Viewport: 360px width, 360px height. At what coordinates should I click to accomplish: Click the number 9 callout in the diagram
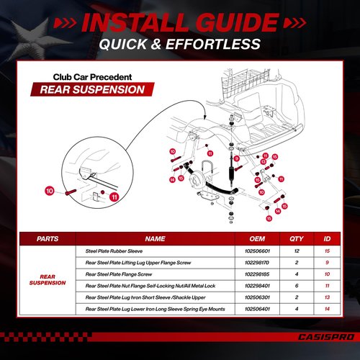tap(237, 158)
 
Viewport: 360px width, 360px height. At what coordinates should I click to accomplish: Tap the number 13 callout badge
tap(264, 162)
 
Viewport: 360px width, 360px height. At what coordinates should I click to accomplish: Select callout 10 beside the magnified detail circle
tap(50, 191)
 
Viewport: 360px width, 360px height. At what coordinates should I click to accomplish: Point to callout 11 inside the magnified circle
tap(114, 197)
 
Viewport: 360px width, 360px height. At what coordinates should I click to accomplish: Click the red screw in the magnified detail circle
tap(71, 192)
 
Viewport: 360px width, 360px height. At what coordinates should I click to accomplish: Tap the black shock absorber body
tap(231, 173)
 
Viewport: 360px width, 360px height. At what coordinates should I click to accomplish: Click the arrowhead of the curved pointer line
tap(204, 117)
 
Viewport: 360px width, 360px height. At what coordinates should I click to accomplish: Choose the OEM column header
tap(257, 239)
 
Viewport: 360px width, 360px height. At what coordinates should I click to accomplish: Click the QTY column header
tap(297, 239)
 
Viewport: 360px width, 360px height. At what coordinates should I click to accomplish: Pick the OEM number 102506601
tap(257, 251)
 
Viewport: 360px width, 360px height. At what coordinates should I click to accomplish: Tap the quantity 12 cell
tap(297, 251)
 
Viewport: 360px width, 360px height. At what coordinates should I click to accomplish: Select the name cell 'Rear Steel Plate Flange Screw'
tap(119, 274)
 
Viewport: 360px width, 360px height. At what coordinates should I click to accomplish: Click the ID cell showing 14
tap(327, 309)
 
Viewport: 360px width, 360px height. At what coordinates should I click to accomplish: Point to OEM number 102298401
tap(257, 286)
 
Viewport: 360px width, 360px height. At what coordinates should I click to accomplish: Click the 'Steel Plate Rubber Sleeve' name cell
tap(114, 251)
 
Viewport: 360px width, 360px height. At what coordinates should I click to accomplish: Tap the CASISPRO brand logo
tap(326, 337)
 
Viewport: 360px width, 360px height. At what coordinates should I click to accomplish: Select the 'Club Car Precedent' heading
tap(92, 77)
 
